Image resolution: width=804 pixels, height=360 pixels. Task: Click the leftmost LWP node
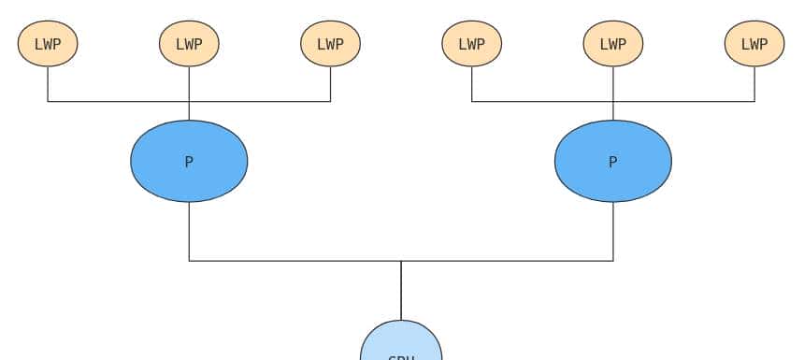pyautogui.click(x=48, y=44)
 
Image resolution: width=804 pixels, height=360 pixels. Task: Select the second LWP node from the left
pyautogui.click(x=189, y=44)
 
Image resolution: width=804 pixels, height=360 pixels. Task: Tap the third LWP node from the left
pyautogui.click(x=330, y=44)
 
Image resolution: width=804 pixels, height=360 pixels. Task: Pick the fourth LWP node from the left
pyautogui.click(x=471, y=44)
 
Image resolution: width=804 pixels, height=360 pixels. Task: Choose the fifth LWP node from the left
pyautogui.click(x=612, y=44)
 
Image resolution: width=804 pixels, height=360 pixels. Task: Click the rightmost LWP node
pyautogui.click(x=754, y=44)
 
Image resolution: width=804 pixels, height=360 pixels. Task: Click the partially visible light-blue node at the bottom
pyautogui.click(x=401, y=343)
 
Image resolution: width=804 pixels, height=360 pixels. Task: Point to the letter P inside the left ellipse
pyautogui.click(x=189, y=162)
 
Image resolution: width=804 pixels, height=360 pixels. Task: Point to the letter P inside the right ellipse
pyautogui.click(x=612, y=162)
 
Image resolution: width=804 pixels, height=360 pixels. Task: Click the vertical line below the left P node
pyautogui.click(x=189, y=232)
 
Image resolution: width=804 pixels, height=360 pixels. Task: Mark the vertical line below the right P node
pyautogui.click(x=613, y=232)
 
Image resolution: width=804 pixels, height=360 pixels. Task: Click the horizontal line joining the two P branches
pyautogui.click(x=290, y=261)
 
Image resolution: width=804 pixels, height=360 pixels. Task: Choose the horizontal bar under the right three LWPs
pyautogui.click(x=542, y=101)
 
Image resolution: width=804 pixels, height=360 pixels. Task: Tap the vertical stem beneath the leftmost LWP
pyautogui.click(x=48, y=84)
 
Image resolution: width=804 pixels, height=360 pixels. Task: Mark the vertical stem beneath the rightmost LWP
pyautogui.click(x=754, y=84)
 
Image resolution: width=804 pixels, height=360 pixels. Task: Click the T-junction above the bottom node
pyautogui.click(x=401, y=261)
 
